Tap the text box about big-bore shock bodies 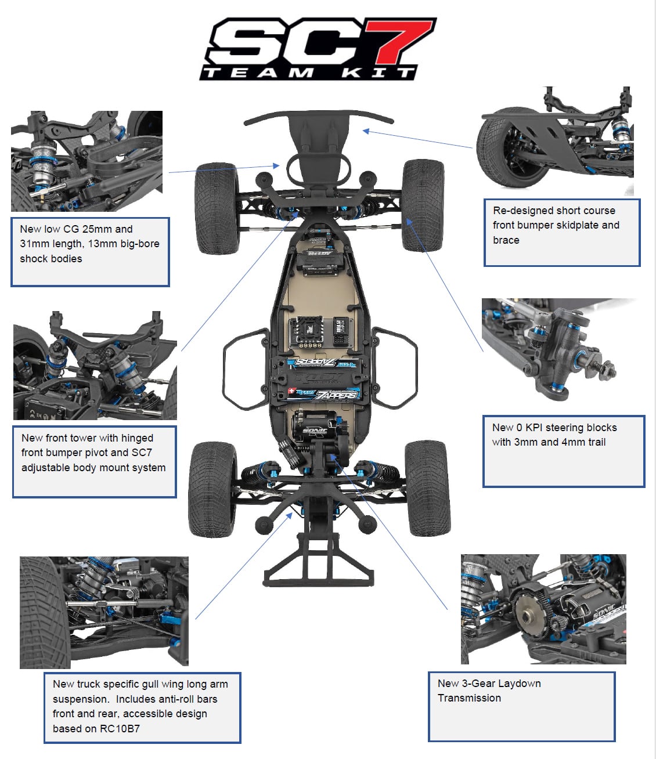click(x=90, y=251)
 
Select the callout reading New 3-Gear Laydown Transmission click(x=521, y=706)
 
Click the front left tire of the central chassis click(x=217, y=208)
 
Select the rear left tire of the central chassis click(x=212, y=489)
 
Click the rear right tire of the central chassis click(x=428, y=487)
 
